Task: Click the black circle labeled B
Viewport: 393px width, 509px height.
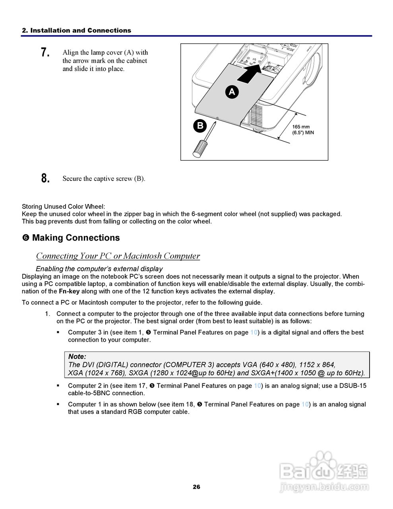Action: [x=200, y=126]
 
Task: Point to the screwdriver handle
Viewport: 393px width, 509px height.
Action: [x=199, y=148]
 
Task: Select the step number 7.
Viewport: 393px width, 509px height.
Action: [x=45, y=52]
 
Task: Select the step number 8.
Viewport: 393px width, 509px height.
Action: [x=45, y=178]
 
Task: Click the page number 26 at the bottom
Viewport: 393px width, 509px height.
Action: [x=196, y=487]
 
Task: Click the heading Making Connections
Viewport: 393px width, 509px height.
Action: [x=76, y=238]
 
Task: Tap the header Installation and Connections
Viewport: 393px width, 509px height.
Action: [x=76, y=30]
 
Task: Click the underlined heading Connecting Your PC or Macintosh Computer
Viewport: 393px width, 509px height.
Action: [x=118, y=256]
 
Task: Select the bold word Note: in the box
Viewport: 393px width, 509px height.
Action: [x=77, y=357]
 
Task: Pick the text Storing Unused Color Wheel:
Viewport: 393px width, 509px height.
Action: [x=64, y=206]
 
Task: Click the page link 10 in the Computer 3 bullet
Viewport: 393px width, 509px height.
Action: [x=254, y=332]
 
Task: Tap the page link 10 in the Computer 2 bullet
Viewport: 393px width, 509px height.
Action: [x=257, y=386]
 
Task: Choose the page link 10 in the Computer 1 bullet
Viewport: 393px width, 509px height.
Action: [x=305, y=404]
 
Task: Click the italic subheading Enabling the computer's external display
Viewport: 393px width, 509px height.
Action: [x=99, y=269]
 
